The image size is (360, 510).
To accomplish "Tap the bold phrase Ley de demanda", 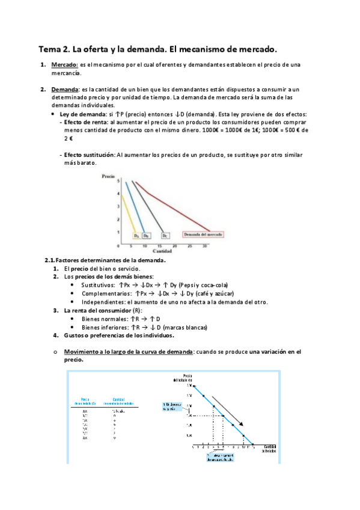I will (81, 114).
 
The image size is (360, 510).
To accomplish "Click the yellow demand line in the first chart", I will (123, 210).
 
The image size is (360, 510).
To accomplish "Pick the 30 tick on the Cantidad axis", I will (205, 246).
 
